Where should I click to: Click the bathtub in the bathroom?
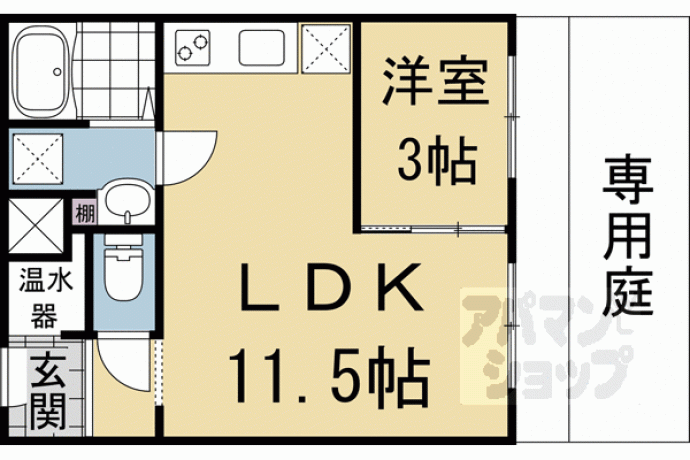[x=41, y=71]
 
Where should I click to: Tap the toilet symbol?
[x=124, y=269]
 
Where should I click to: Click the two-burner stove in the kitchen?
[x=192, y=48]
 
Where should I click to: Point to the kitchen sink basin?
[x=261, y=48]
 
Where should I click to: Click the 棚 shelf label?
[x=85, y=213]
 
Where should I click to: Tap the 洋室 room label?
[x=435, y=81]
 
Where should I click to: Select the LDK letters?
[x=331, y=287]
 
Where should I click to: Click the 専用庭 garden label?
[x=628, y=237]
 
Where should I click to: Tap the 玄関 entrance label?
[x=48, y=391]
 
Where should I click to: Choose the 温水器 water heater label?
[x=45, y=299]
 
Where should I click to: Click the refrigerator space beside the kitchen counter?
[x=326, y=48]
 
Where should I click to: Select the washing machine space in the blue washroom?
[x=38, y=159]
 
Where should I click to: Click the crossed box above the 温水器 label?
[x=36, y=226]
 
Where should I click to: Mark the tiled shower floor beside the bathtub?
[x=115, y=70]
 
